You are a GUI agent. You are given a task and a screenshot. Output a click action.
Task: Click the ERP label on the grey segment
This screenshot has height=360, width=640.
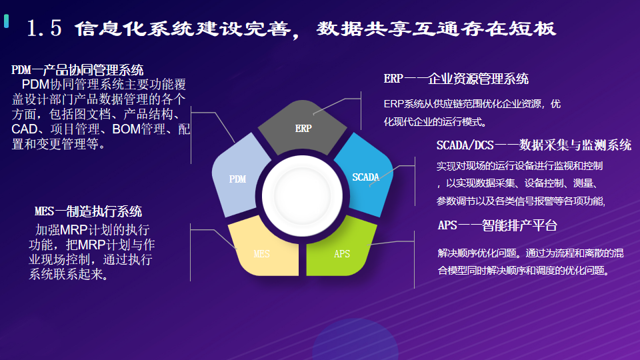tap(303, 129)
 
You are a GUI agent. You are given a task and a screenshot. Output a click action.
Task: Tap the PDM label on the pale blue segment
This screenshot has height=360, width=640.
tap(237, 179)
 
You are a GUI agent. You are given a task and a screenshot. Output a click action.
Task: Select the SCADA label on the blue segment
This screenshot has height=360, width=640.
tap(366, 177)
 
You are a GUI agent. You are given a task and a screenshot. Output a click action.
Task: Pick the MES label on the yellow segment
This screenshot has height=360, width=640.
tap(261, 254)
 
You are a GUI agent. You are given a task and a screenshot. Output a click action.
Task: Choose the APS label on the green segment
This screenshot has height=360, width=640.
tap(342, 254)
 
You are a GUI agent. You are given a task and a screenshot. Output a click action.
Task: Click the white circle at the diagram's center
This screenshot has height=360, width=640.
tap(302, 196)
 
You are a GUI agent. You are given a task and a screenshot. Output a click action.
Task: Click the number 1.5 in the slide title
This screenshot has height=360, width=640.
tap(44, 29)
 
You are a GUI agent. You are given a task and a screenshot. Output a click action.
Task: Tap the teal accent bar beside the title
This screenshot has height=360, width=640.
tap(6, 21)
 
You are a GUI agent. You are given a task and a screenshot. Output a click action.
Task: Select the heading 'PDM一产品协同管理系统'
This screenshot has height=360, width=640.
tap(77, 70)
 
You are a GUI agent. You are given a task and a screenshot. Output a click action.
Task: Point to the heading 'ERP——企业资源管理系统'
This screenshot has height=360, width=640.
tap(456, 79)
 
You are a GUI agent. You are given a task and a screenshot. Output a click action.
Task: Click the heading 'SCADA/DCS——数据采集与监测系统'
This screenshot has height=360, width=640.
tap(534, 145)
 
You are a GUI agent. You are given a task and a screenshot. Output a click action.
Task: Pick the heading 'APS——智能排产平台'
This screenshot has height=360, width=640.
tap(497, 225)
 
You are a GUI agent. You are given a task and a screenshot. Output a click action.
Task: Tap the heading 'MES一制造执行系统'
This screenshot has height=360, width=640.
tap(88, 211)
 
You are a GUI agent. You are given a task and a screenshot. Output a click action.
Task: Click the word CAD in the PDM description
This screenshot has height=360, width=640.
tap(25, 129)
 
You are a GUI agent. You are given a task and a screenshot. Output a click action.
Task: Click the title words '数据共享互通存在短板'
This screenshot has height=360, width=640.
tap(436, 29)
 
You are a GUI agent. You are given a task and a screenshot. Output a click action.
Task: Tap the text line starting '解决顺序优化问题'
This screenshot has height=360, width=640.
tap(531, 253)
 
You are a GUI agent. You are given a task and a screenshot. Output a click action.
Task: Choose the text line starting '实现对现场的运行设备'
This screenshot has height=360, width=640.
tap(519, 166)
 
